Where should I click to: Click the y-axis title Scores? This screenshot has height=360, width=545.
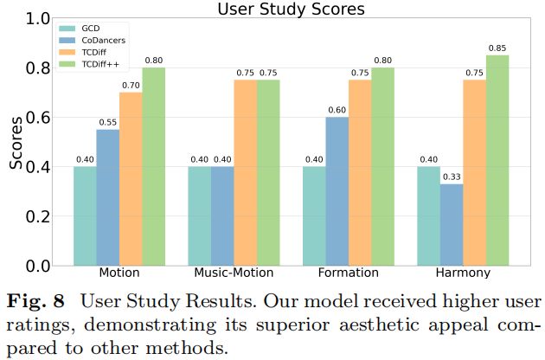pyautogui.click(x=16, y=142)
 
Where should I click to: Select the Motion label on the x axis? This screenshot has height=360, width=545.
pyautogui.click(x=119, y=273)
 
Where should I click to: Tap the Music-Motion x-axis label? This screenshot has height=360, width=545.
pyautogui.click(x=234, y=273)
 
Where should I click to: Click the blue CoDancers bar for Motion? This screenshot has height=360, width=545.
pyautogui.click(x=107, y=197)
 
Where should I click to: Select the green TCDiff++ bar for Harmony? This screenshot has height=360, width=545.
pyautogui.click(x=497, y=160)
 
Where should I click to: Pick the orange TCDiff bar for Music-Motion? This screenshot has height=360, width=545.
pyautogui.click(x=245, y=172)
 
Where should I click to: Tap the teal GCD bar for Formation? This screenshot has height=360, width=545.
pyautogui.click(x=314, y=215)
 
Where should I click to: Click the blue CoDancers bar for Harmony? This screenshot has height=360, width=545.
pyautogui.click(x=451, y=224)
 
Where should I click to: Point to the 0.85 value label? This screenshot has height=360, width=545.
pyautogui.click(x=497, y=47)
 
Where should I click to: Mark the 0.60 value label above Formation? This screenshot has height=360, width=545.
pyautogui.click(x=337, y=109)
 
